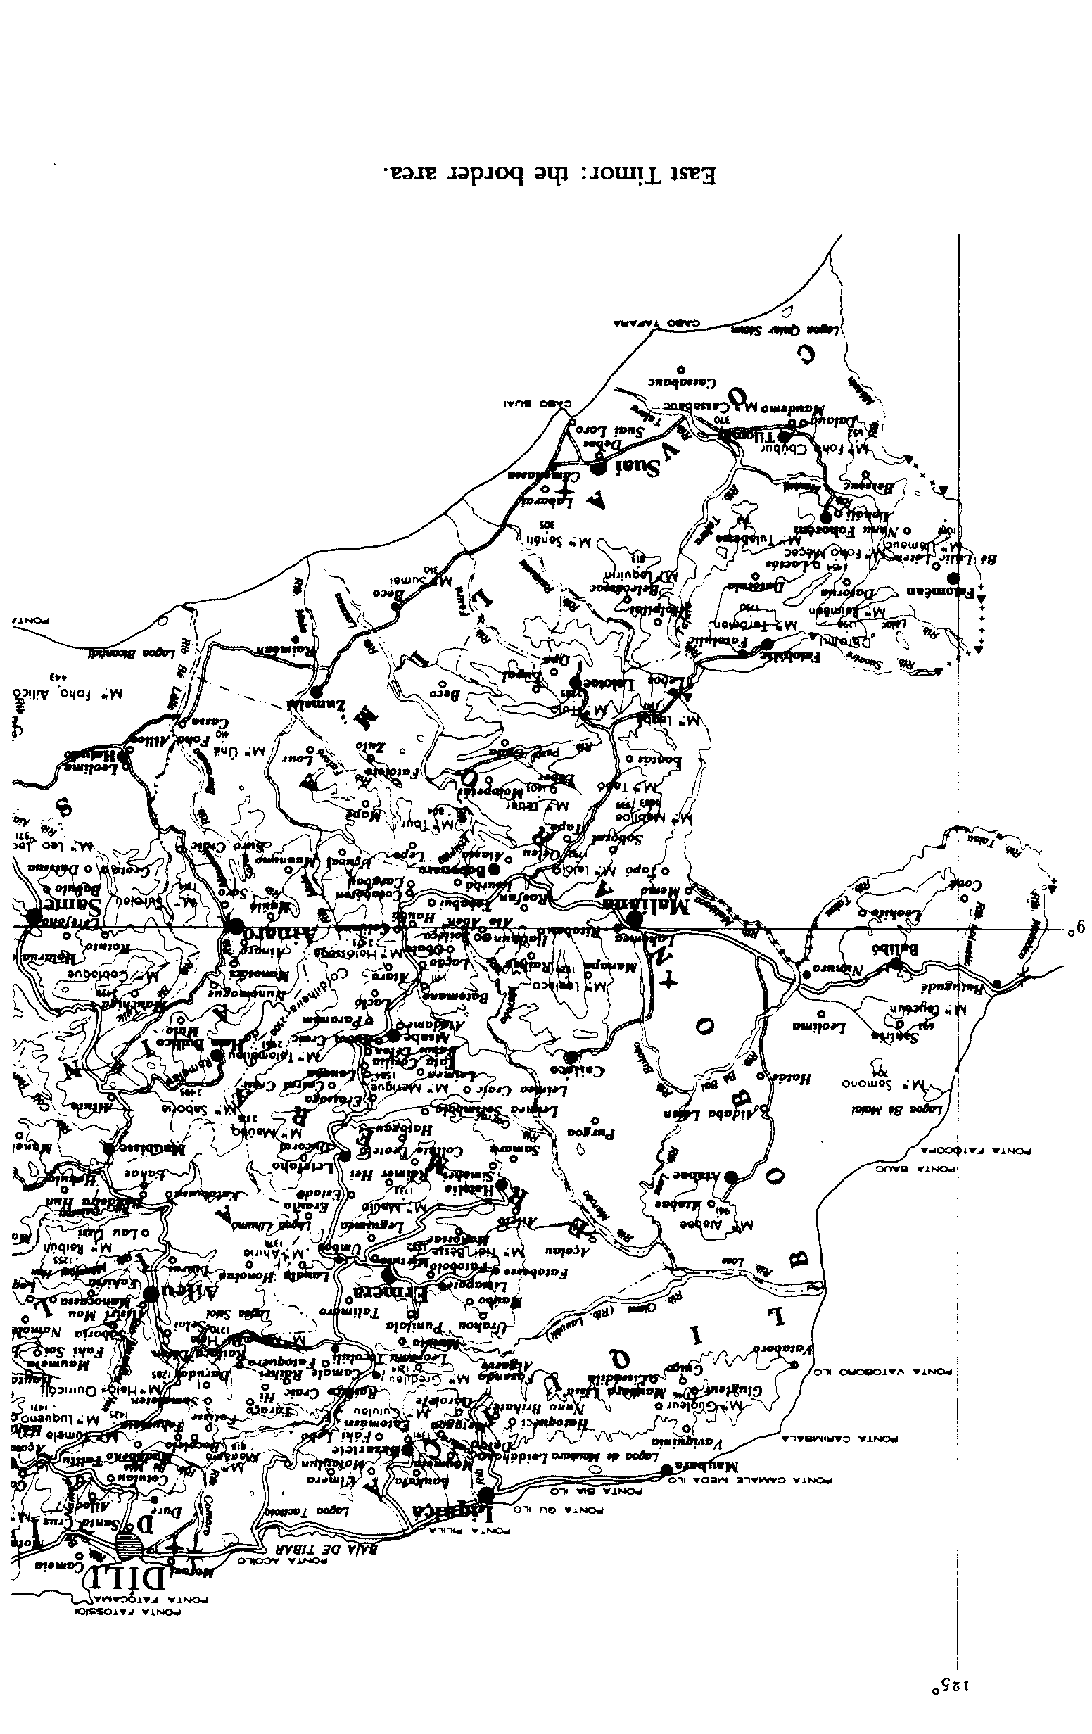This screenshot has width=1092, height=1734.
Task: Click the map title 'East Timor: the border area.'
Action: [550, 175]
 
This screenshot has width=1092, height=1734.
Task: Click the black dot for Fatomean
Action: [953, 578]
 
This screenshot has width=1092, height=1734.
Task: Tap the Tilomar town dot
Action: [787, 436]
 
